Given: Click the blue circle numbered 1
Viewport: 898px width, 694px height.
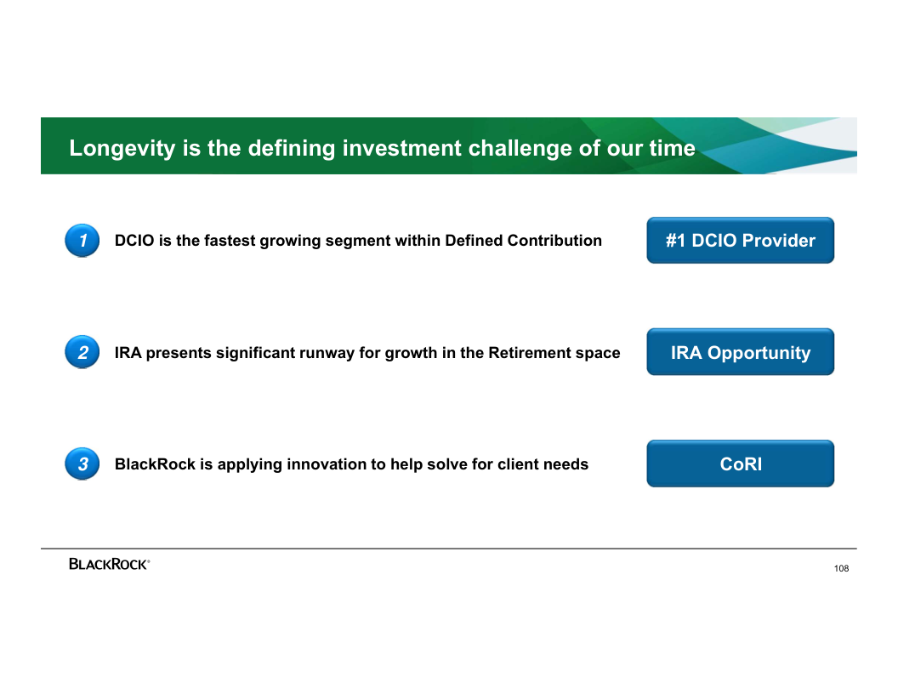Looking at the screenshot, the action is click(x=82, y=241).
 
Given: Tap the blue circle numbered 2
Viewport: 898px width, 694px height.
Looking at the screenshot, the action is click(x=82, y=352).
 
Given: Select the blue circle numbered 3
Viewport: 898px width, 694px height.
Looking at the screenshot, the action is click(x=82, y=464).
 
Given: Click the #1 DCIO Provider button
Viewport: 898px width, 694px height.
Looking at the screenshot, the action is click(x=741, y=241).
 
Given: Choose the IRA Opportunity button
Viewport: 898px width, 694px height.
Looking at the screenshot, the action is click(x=741, y=352).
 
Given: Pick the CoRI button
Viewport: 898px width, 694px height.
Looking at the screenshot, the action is click(x=741, y=464).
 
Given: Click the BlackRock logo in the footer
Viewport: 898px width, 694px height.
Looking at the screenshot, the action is click(x=109, y=564).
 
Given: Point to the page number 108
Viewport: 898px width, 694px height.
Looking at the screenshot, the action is click(x=841, y=569).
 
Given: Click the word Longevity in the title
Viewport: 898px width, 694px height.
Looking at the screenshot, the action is click(x=122, y=148).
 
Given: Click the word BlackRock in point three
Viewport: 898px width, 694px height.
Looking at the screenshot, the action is click(x=156, y=464).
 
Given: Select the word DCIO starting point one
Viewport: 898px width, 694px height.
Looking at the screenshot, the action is click(x=134, y=241).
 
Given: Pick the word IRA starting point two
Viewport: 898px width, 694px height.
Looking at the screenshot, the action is click(x=128, y=353).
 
